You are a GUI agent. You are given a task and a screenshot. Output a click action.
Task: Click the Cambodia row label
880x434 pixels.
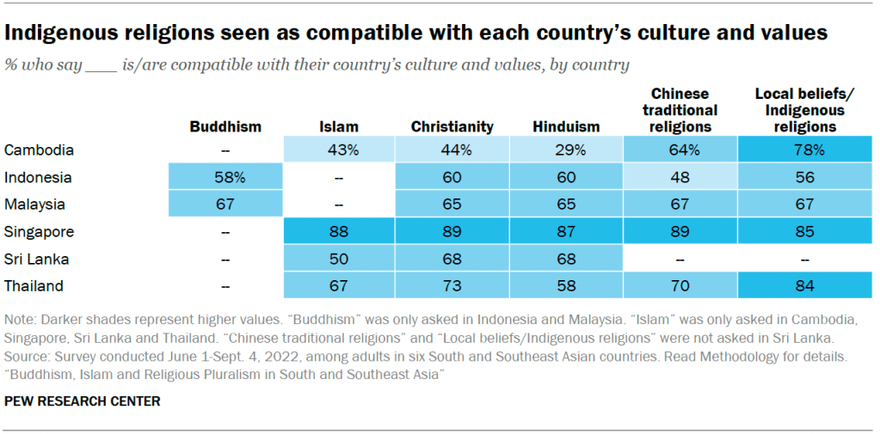tap(39, 150)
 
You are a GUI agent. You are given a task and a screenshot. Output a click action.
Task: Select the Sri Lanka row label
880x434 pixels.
tap(37, 259)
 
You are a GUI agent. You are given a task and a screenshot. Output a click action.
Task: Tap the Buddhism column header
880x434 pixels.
tap(225, 127)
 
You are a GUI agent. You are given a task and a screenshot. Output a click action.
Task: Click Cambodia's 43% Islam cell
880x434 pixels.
tap(339, 150)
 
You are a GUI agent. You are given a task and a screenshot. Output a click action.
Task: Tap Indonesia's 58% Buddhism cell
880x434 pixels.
tap(225, 178)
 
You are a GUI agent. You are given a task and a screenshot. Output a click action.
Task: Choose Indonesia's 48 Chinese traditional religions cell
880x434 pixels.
tap(680, 178)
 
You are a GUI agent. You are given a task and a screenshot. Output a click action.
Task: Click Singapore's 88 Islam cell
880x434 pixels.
tap(339, 232)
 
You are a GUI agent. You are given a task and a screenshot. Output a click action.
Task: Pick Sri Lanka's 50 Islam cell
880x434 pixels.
tap(339, 259)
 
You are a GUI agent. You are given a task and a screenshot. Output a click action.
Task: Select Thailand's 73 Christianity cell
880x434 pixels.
tap(452, 286)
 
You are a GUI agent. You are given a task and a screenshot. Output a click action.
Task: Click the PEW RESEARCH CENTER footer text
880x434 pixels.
tap(82, 400)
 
